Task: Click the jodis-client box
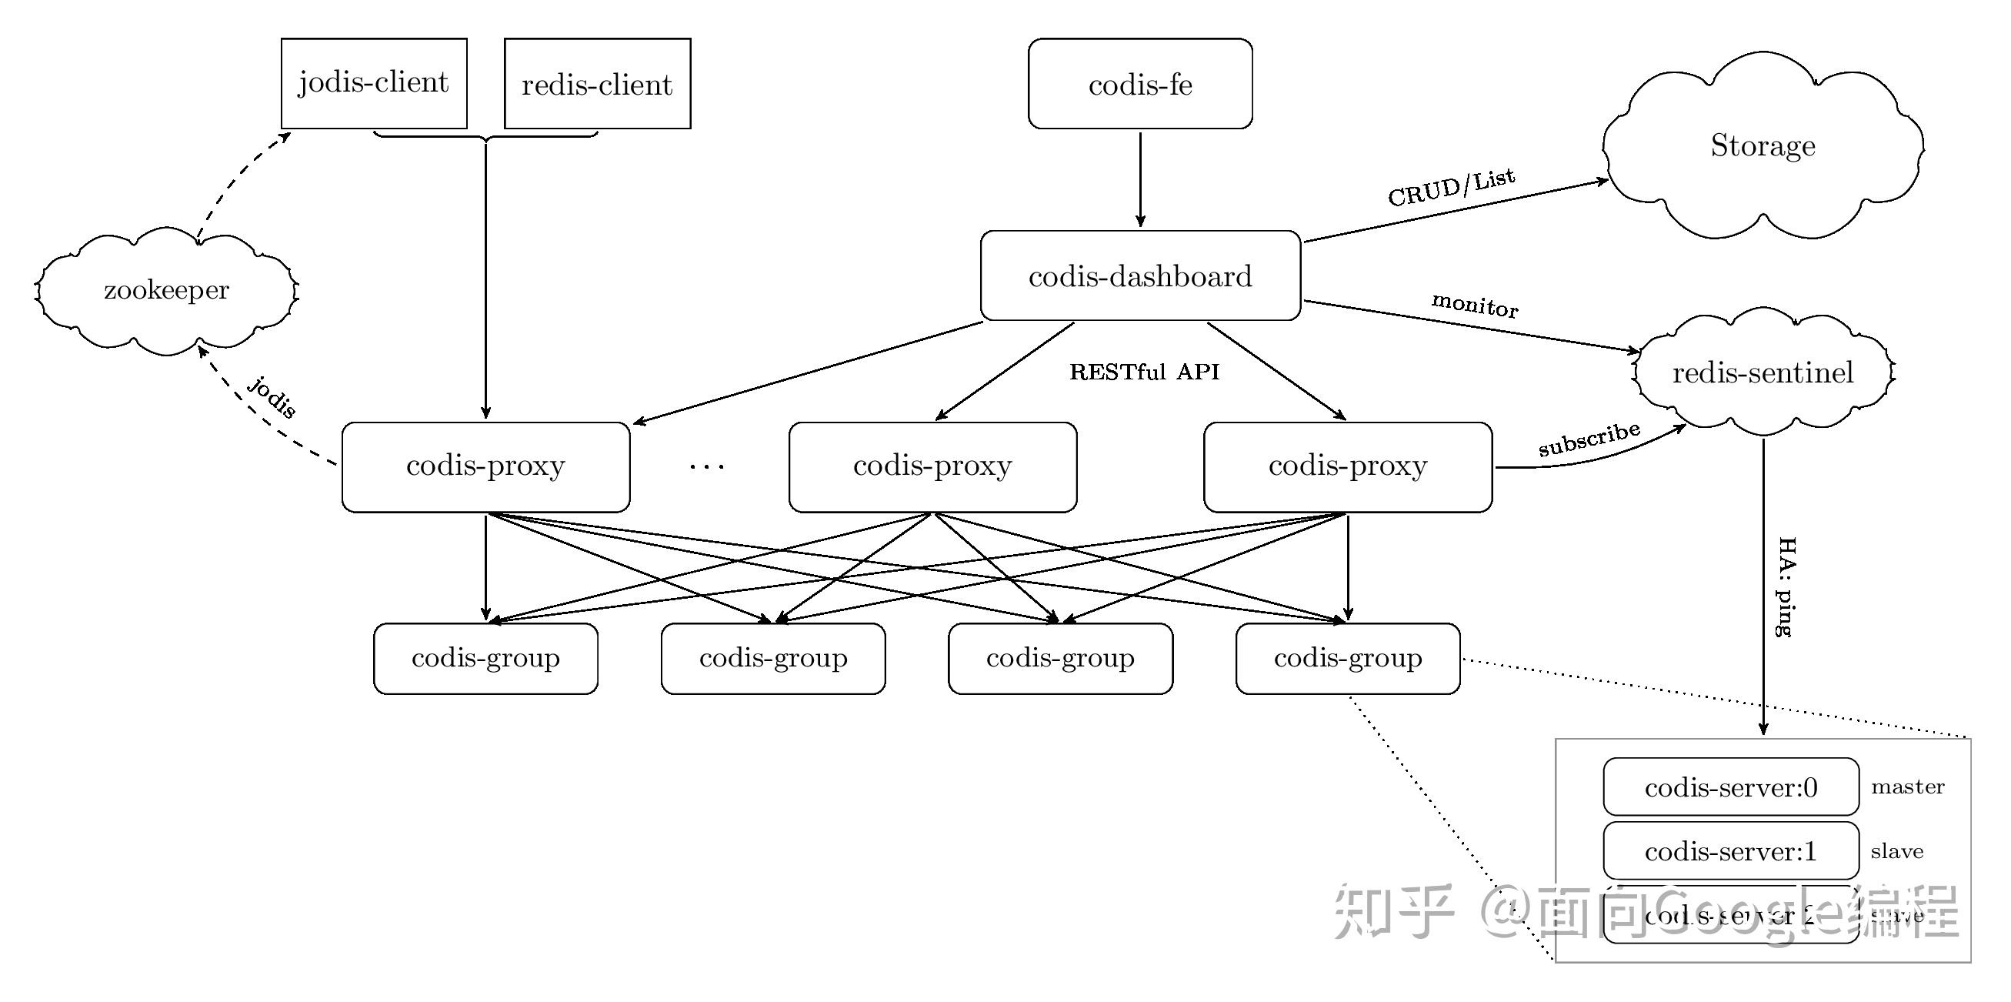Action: coord(374,83)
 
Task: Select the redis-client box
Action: coord(597,84)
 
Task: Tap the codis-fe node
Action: coord(1140,84)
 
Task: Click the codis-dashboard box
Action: coord(1140,276)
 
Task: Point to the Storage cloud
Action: coord(1762,145)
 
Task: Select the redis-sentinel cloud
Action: coord(1762,372)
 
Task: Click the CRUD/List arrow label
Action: coord(1450,188)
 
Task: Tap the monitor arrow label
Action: coord(1474,305)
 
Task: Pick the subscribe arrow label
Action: coord(1588,439)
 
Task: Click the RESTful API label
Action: coord(1144,372)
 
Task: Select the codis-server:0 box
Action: coord(1731,787)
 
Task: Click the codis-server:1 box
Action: coord(1731,850)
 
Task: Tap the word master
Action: coord(1907,787)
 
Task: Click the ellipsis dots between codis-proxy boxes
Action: coord(707,467)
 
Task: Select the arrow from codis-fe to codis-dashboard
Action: coord(1140,179)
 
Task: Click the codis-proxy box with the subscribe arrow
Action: coord(1347,467)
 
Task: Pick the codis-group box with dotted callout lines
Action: coord(1347,657)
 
